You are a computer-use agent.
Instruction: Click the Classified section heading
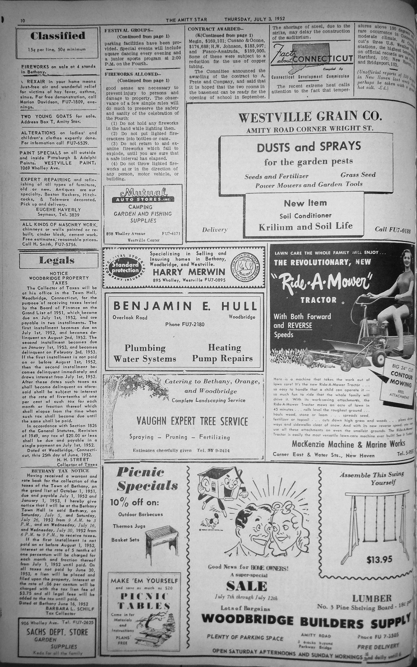click(x=58, y=36)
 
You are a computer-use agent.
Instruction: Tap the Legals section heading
click(x=57, y=260)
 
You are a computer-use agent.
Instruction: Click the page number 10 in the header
click(x=22, y=20)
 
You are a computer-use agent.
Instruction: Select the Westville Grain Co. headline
click(x=309, y=117)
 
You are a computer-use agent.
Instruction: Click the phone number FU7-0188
click(x=392, y=229)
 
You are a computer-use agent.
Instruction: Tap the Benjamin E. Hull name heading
click(x=185, y=306)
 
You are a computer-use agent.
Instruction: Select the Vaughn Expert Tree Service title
click(x=192, y=421)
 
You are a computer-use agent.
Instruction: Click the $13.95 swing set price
click(x=379, y=560)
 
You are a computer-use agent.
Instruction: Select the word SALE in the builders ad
click(x=246, y=586)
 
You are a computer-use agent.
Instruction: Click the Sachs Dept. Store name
click(x=57, y=632)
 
